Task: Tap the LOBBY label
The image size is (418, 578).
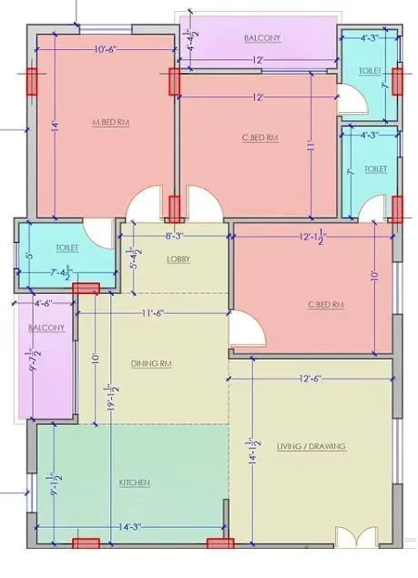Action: point(178,259)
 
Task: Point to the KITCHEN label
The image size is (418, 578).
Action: point(134,482)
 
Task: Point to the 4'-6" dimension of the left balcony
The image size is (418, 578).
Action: point(43,303)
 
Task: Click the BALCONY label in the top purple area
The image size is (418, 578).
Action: point(262,38)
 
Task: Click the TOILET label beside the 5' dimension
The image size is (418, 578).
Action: point(66,247)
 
